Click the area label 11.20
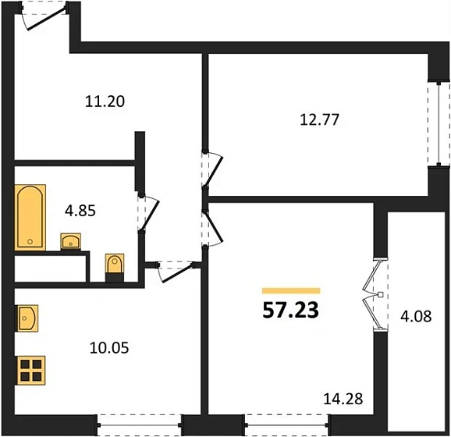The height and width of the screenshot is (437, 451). [105, 101]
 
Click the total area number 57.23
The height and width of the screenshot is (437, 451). [290, 310]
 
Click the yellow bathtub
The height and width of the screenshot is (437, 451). [30, 217]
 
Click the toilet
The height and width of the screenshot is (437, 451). [115, 266]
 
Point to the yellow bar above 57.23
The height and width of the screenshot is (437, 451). [290, 290]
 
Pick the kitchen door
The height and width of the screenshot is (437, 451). [172, 269]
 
